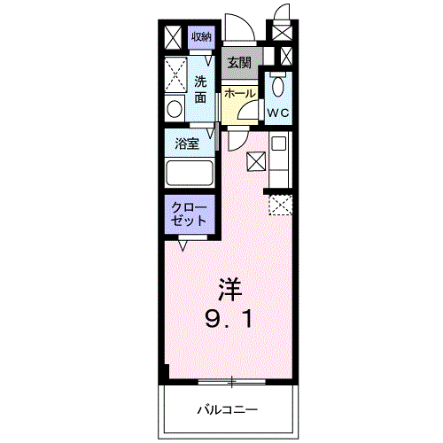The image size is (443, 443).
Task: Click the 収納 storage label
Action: click(201, 36)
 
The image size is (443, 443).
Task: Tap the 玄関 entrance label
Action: click(238, 62)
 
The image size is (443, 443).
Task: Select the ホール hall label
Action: click(239, 94)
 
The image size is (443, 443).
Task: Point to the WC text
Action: click(279, 113)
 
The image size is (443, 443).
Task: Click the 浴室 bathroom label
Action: click(186, 143)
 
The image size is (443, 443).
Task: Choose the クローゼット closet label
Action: click(189, 214)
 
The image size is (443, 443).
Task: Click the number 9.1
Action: click(230, 318)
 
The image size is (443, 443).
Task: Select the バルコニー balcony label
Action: click(227, 410)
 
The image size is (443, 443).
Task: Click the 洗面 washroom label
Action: click(202, 89)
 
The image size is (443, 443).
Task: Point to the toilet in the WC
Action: click(278, 88)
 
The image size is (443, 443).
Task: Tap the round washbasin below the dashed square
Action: click(174, 109)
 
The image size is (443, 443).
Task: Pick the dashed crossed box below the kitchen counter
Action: click(279, 204)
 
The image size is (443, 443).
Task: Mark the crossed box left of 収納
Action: click(173, 36)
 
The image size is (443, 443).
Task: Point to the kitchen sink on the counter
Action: click(278, 145)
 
